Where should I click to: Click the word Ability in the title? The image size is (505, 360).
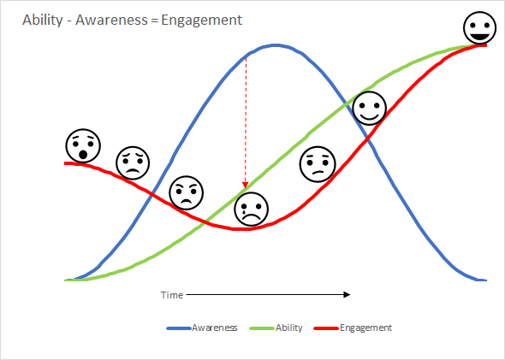[x=43, y=21]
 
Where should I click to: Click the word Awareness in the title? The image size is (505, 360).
[x=111, y=20]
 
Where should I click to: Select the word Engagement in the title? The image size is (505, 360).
[x=202, y=21]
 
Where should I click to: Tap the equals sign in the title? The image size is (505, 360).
[x=154, y=21]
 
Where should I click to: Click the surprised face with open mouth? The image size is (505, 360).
[x=83, y=146]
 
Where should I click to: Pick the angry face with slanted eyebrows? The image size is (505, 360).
[x=187, y=192]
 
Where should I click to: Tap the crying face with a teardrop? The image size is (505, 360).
[x=251, y=210]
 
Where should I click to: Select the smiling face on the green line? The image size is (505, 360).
[x=370, y=108]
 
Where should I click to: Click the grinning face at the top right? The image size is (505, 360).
[x=480, y=27]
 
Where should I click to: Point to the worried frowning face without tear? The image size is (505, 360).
[x=133, y=162]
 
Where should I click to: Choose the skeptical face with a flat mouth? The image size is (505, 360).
[x=318, y=164]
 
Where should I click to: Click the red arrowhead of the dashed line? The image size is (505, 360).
[x=246, y=185]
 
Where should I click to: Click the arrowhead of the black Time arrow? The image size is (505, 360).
[x=347, y=294]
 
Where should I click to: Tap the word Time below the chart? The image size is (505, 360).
[x=172, y=295]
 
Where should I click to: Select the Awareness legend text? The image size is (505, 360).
[x=215, y=328]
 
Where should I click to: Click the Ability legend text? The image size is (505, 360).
[x=289, y=328]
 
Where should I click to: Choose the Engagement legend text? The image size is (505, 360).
[x=365, y=328]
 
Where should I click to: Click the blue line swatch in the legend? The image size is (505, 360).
[x=179, y=328]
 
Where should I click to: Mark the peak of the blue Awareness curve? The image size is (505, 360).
[x=276, y=45]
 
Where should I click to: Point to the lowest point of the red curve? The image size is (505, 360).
[x=241, y=229]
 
